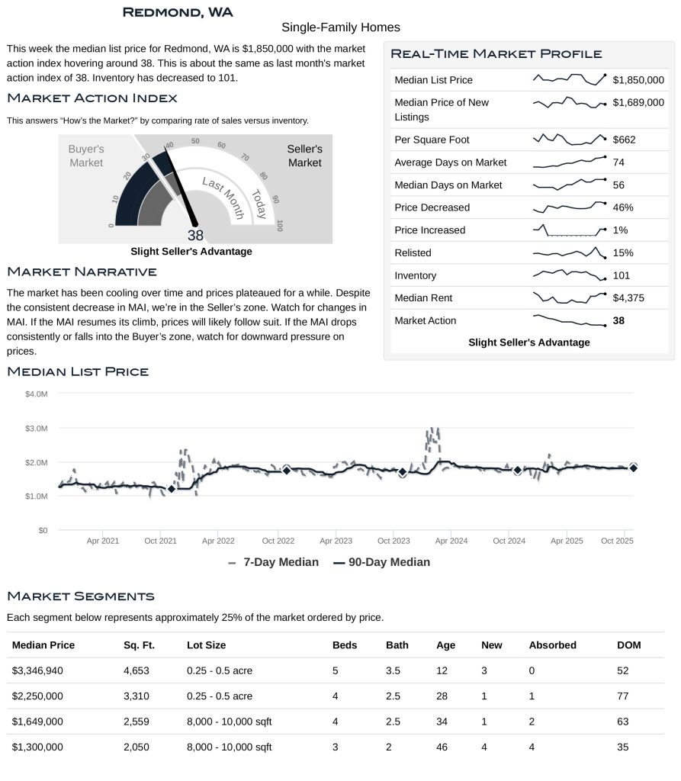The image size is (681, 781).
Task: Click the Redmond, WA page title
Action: (x=178, y=12)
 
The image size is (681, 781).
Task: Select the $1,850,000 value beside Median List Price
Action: (x=638, y=80)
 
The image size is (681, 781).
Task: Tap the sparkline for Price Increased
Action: (x=569, y=230)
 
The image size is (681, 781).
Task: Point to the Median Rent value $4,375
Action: (x=628, y=298)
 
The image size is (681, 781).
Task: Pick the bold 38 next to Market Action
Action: (x=618, y=321)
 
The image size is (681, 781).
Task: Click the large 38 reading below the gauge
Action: (x=195, y=236)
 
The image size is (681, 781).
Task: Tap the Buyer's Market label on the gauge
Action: (x=86, y=156)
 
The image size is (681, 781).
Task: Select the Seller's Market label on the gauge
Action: (x=304, y=156)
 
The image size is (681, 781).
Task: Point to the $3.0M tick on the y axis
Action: (x=36, y=429)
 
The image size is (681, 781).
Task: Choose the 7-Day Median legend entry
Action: (x=273, y=562)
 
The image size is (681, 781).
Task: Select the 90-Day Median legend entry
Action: (x=382, y=562)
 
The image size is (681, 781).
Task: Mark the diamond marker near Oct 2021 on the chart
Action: (x=171, y=489)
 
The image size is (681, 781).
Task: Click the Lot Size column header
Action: (x=206, y=645)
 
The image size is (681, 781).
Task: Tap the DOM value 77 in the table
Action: (x=622, y=696)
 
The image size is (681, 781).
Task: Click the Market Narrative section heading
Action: (x=82, y=272)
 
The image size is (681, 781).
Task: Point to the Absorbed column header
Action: (x=552, y=645)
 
